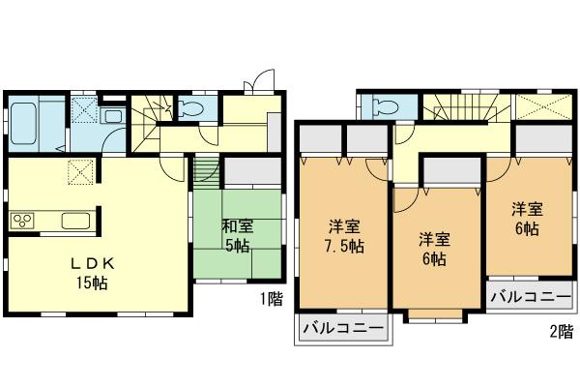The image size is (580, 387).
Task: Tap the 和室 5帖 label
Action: pos(238,236)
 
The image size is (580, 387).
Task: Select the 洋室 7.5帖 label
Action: pos(344,237)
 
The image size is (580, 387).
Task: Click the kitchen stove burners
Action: pos(22,221)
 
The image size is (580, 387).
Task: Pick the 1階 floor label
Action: pos(272,299)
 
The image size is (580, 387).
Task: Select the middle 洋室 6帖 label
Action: pos(432,249)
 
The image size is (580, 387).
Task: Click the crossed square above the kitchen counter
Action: pos(79,174)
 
